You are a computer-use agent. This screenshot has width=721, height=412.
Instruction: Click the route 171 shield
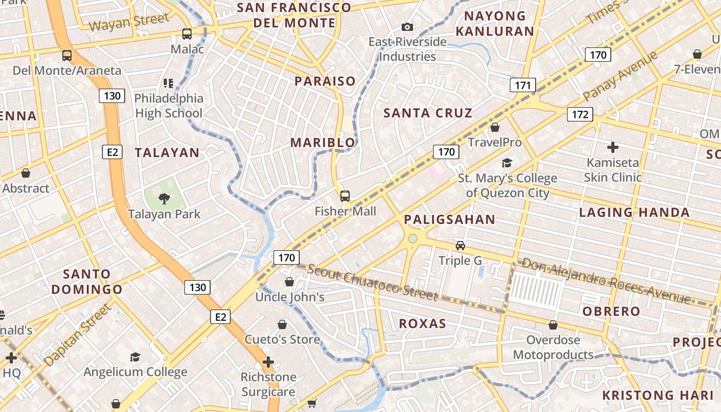pyautogui.click(x=523, y=85)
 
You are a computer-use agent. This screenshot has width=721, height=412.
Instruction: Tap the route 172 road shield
pyautogui.click(x=580, y=114)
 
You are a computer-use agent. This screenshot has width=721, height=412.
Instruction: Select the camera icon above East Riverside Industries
pyautogui.click(x=407, y=27)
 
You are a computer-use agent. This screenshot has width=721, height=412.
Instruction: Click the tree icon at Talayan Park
pyautogui.click(x=164, y=198)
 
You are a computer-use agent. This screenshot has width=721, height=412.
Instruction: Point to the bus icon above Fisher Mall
pyautogui.click(x=345, y=196)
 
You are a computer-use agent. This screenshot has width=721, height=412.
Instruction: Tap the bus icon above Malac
pyautogui.click(x=187, y=34)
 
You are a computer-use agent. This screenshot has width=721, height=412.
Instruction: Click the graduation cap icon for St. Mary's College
pyautogui.click(x=507, y=163)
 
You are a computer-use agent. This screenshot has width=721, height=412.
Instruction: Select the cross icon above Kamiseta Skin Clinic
pyautogui.click(x=612, y=147)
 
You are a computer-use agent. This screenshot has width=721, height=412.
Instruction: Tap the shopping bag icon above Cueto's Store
pyautogui.click(x=282, y=324)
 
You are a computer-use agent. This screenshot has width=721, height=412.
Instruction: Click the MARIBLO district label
pyautogui.click(x=323, y=143)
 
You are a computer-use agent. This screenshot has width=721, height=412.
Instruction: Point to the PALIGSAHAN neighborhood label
pyautogui.click(x=449, y=220)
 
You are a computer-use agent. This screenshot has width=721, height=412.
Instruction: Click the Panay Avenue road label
pyautogui.click(x=620, y=76)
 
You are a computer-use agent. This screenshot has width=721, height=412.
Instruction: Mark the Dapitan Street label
pyautogui.click(x=78, y=335)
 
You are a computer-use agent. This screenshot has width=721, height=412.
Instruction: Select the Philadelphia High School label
pyautogui.click(x=168, y=106)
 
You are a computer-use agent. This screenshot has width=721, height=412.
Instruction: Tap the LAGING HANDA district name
pyautogui.click(x=634, y=212)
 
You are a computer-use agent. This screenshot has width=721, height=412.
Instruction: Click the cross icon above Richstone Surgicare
pyautogui.click(x=268, y=362)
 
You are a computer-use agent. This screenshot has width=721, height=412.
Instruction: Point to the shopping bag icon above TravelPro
pyautogui.click(x=495, y=127)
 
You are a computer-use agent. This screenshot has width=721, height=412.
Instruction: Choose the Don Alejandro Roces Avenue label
pyautogui.click(x=606, y=281)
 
